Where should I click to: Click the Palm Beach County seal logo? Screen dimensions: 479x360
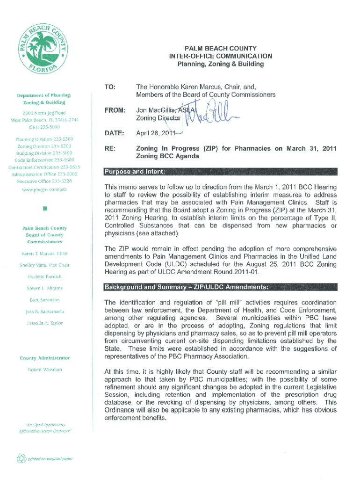click(44, 52)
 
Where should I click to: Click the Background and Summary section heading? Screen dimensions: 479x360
click(187, 286)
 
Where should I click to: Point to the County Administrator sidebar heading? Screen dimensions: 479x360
click(45, 358)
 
